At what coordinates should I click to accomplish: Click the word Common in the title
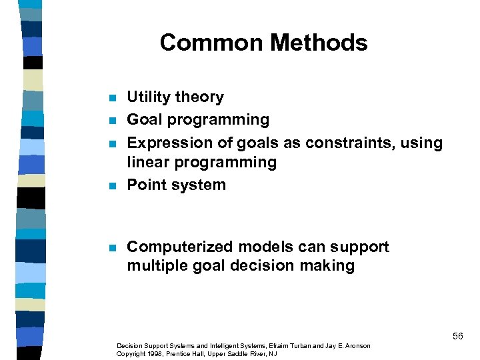[x=207, y=43]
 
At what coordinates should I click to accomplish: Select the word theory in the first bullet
[x=198, y=97]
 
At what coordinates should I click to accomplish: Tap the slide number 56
[x=457, y=336]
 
